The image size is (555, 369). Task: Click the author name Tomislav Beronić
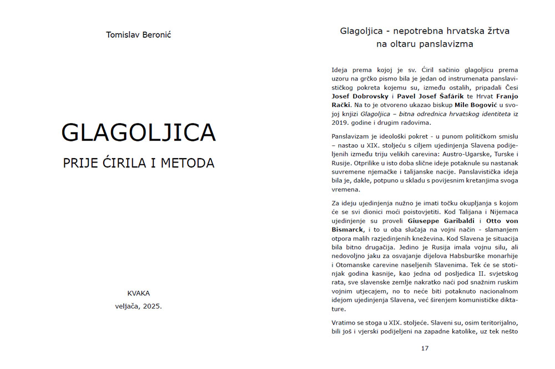click(x=139, y=35)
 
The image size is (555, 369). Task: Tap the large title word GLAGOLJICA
click(x=138, y=133)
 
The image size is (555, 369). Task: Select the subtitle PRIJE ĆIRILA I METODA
click(x=139, y=163)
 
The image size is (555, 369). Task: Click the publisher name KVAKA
click(x=138, y=293)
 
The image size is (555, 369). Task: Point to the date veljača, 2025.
click(x=138, y=305)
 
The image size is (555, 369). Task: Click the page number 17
click(x=425, y=348)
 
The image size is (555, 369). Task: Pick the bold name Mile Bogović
click(x=470, y=105)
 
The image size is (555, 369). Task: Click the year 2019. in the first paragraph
click(x=341, y=123)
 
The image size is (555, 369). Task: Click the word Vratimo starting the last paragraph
click(x=346, y=322)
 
